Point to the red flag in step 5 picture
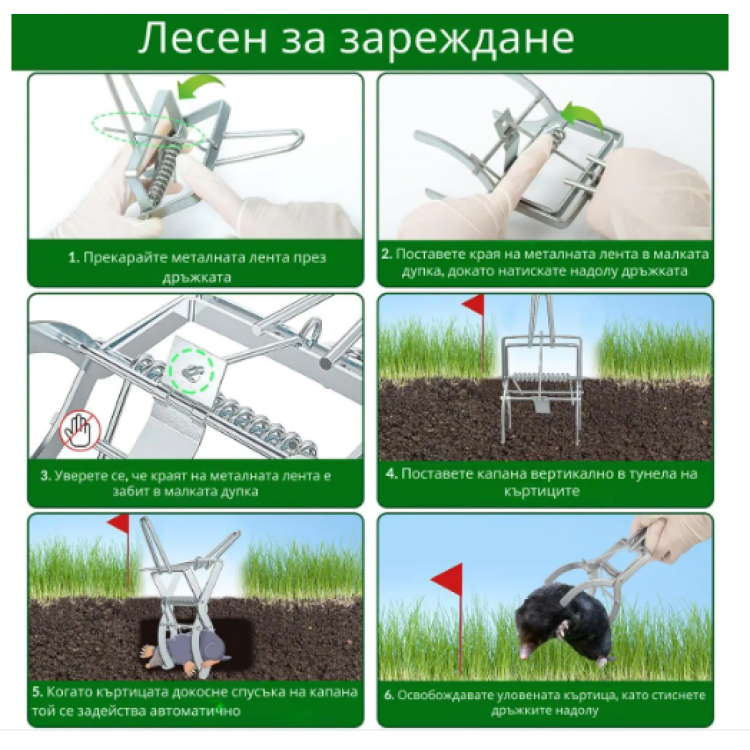[x=119, y=524]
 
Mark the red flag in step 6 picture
[x=447, y=579]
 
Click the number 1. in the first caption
[x=73, y=257]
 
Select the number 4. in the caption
[x=391, y=473]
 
